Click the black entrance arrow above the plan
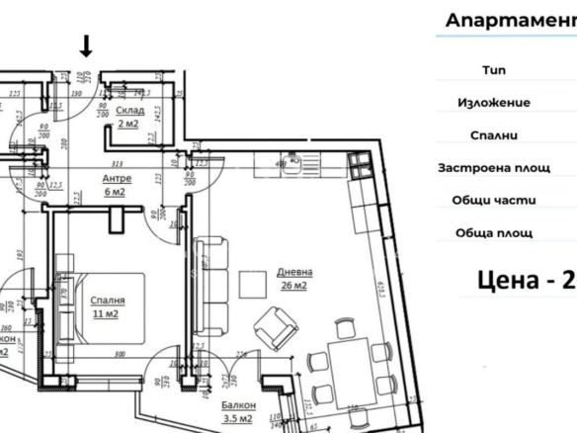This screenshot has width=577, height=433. (x=86, y=44)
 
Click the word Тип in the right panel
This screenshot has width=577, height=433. (x=492, y=70)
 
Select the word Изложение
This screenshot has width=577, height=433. (x=494, y=103)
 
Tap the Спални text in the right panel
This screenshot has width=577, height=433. (x=494, y=135)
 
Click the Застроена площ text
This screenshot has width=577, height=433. (x=494, y=168)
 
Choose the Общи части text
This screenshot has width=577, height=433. (x=494, y=200)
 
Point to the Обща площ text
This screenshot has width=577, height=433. (x=494, y=233)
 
